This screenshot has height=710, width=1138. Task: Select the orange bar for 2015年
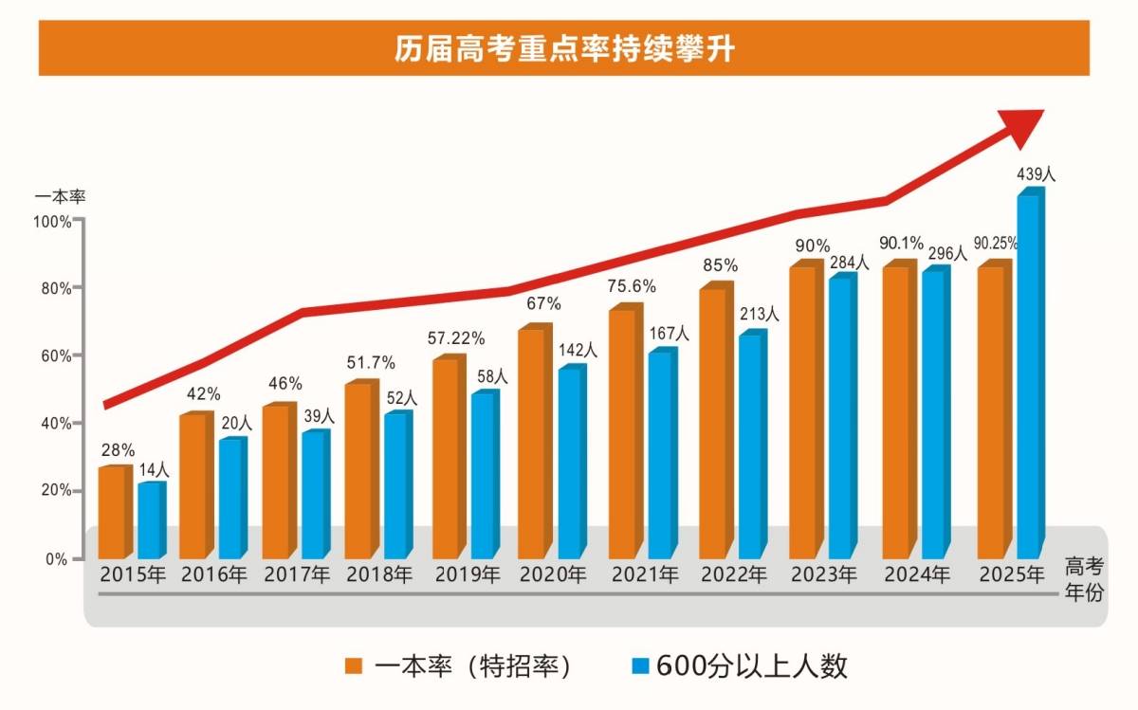pos(112,512)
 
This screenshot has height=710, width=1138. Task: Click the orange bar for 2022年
pos(713,423)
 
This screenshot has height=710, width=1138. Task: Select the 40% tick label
pos(56,423)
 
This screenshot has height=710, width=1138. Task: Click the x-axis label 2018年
pos(379,574)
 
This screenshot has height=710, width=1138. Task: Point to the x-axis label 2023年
pos(823,574)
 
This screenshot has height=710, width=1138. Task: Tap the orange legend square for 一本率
pos(353,666)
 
